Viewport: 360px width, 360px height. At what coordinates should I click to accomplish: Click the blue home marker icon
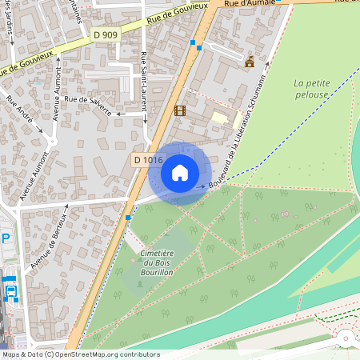180,173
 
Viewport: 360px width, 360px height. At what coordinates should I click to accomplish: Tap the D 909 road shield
104,34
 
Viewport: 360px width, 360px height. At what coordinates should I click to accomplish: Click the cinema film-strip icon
179,111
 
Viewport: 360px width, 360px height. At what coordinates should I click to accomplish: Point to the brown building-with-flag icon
250,61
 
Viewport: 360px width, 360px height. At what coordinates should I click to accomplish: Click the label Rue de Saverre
87,104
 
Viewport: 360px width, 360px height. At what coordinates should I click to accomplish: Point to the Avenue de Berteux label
46,243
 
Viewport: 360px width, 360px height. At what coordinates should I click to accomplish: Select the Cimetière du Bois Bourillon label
157,262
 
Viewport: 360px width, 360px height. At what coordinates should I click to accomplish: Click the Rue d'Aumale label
245,5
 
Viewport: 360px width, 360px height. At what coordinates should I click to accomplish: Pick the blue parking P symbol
6,238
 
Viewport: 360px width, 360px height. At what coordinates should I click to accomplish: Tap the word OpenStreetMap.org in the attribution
90,354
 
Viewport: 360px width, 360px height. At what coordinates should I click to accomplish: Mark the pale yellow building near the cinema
219,118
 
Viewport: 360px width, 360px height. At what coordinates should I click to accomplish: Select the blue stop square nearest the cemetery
128,217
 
